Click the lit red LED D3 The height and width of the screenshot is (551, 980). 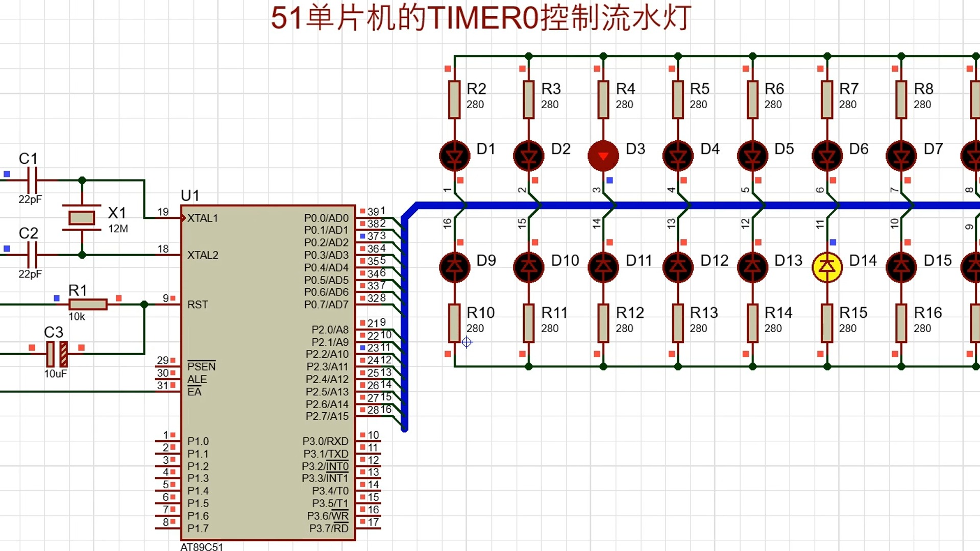coord(603,156)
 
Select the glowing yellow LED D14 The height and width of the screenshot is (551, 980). coord(827,267)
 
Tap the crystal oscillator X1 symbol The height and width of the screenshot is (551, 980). coord(82,218)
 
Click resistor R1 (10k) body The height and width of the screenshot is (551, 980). coord(88,305)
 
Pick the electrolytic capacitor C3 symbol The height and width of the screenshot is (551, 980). coord(57,354)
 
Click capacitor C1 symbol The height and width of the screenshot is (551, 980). coord(32,180)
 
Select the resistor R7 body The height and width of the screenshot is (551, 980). coord(827,99)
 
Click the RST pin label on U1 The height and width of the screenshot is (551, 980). coord(198,305)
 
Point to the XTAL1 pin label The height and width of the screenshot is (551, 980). coord(202,218)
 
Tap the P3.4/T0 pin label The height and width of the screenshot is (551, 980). coord(330,491)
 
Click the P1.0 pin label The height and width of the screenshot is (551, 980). coord(198,441)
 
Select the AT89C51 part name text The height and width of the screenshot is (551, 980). coord(202,546)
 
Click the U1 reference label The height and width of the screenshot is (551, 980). coord(190,195)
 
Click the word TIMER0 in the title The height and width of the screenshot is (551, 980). coord(483,18)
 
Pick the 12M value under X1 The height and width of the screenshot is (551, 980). coord(118,229)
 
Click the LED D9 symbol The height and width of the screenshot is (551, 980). coord(454,267)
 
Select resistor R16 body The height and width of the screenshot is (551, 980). coord(901,323)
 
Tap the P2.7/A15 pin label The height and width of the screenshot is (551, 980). coord(327,416)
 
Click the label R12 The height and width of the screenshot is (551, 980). coord(630,313)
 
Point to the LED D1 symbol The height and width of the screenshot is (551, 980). coord(454,156)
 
